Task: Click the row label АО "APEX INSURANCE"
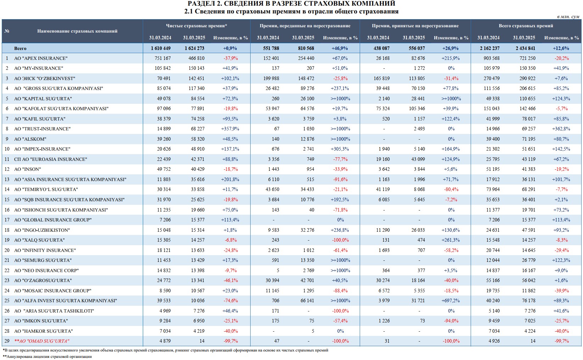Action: [x=40, y=58]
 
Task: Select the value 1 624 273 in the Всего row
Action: [x=194, y=48]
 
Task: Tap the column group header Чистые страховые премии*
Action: [x=196, y=26]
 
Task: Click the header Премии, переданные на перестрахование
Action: [x=305, y=26]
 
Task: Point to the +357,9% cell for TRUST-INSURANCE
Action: [x=230, y=129]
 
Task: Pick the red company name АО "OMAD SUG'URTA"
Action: [x=41, y=341]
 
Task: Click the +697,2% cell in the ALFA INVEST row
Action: [x=451, y=301]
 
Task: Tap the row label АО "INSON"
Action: [x=28, y=169]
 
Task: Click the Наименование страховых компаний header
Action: [x=77, y=31]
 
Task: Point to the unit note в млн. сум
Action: [x=568, y=17]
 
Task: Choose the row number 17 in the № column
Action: [x=7, y=220]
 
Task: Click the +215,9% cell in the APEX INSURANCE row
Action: [x=451, y=58]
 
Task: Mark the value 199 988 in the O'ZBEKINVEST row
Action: [x=271, y=78]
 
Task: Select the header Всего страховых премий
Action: [x=526, y=26]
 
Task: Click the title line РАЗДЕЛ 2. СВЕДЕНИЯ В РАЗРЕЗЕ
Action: [x=291, y=4]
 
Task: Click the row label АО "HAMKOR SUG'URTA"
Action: [x=43, y=331]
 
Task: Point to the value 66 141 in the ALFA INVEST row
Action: [x=307, y=301]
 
